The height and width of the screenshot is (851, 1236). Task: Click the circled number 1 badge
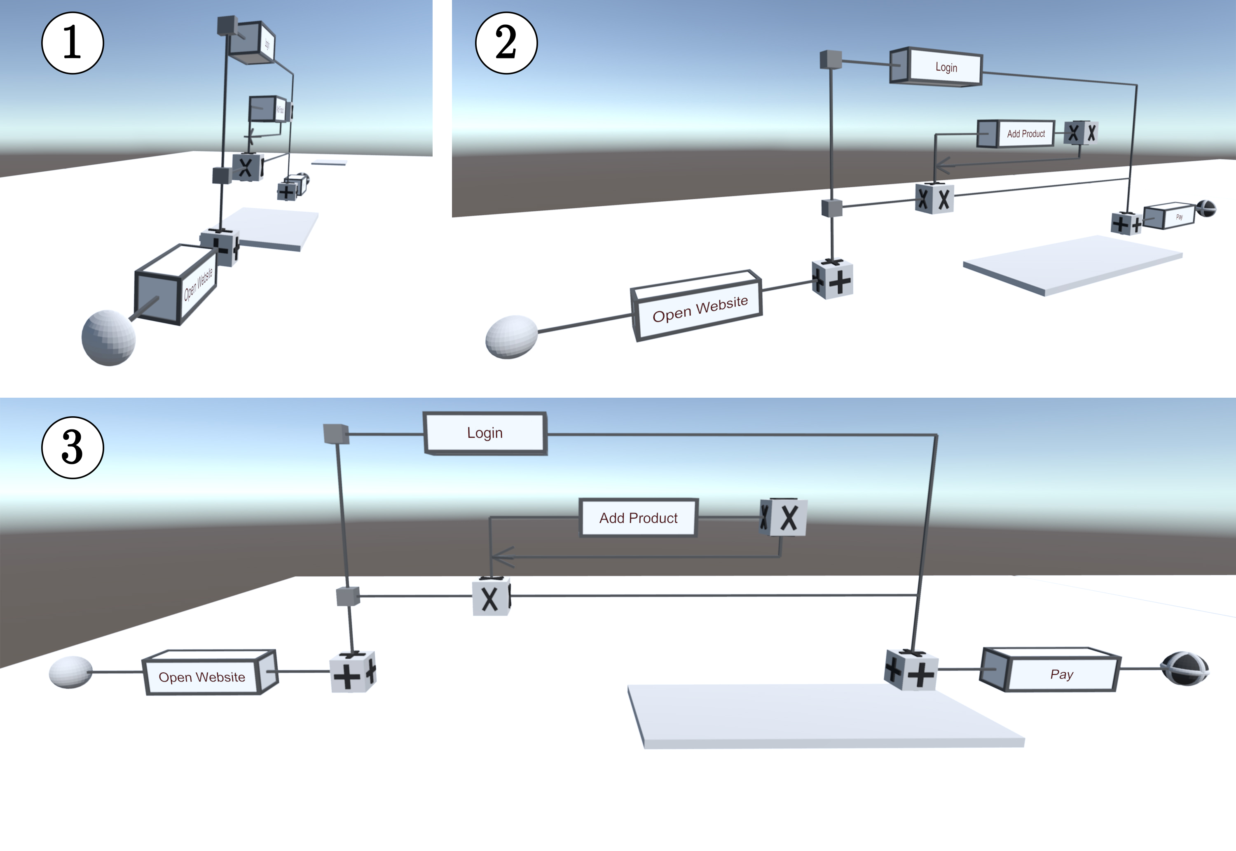pyautogui.click(x=73, y=43)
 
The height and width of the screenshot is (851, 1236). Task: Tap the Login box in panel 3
pyautogui.click(x=485, y=433)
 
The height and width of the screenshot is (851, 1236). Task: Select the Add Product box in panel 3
pyautogui.click(x=638, y=518)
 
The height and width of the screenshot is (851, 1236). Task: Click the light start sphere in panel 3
pyautogui.click(x=70, y=672)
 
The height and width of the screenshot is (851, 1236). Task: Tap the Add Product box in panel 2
pyautogui.click(x=1019, y=134)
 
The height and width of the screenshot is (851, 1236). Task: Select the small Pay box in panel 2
pyautogui.click(x=1173, y=215)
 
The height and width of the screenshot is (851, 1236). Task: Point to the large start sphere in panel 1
pyautogui.click(x=108, y=338)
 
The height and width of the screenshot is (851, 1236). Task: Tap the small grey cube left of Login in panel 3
pyautogui.click(x=336, y=434)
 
